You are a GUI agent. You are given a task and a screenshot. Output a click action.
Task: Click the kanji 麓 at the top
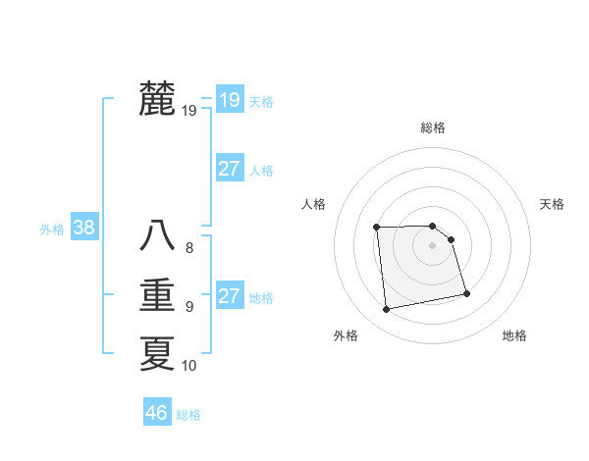157,98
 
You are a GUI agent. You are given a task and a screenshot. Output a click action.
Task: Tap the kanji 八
157,235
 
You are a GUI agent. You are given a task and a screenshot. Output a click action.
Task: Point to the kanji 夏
157,353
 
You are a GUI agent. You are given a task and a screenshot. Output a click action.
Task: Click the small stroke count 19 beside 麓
189,111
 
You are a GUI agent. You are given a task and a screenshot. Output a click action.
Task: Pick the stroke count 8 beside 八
189,248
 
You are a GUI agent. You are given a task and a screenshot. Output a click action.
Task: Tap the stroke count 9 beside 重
189,307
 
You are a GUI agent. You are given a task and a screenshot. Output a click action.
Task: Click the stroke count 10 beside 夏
189,366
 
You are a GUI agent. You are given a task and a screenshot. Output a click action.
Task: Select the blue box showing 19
230,99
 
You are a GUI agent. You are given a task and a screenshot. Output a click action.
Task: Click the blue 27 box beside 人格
230,169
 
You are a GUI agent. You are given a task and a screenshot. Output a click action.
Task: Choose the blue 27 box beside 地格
230,296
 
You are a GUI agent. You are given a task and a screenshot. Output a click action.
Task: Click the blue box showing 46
157,412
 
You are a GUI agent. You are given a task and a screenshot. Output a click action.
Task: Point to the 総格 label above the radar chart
433,128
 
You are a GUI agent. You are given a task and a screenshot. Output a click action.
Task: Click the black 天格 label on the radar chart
553,204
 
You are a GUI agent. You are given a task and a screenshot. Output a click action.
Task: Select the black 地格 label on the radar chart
514,335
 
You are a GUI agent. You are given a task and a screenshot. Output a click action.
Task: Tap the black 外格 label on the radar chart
346,335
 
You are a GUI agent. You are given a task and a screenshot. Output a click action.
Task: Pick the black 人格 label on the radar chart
313,204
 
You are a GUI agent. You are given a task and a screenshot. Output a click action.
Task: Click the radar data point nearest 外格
387,310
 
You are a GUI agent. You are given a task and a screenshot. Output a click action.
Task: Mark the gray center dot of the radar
433,244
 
